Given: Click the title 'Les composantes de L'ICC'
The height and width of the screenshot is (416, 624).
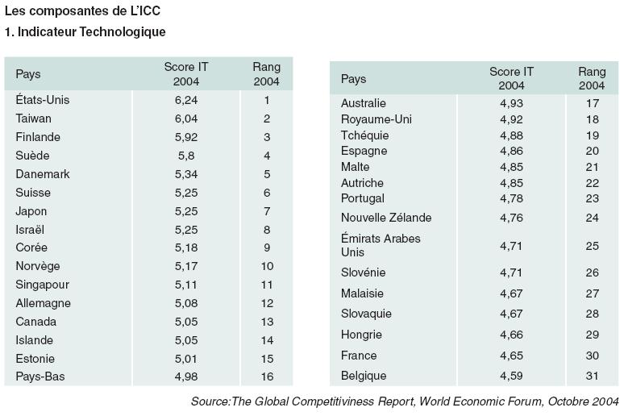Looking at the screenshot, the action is (82, 10).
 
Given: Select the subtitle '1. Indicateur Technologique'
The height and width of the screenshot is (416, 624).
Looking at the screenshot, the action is (85, 32).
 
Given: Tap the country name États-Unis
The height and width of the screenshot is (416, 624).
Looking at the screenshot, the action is (43, 99).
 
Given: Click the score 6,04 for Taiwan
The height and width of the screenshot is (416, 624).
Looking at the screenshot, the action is (186, 119).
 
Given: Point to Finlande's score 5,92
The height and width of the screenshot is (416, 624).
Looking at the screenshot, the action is (186, 137).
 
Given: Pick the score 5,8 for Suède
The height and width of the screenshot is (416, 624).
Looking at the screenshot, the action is (186, 156).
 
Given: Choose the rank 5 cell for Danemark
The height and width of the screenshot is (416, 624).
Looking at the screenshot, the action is (267, 174).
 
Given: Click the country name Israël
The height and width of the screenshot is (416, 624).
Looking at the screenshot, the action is (30, 229).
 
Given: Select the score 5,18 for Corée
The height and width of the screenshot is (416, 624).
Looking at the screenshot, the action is (186, 248).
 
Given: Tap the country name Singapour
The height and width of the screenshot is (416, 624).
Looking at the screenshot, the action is (43, 285).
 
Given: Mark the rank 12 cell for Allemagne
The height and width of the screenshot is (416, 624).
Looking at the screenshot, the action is (267, 303).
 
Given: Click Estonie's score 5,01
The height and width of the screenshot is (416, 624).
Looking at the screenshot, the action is (186, 359).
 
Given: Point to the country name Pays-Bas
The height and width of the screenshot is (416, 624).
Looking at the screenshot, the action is (40, 376).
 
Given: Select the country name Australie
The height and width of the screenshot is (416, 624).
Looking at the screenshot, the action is (364, 103).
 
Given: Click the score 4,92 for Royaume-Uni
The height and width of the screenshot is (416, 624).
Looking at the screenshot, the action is (511, 119).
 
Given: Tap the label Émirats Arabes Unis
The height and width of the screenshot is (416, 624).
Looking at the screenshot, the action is (381, 245).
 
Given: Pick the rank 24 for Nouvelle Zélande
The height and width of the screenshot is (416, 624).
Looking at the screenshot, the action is (593, 218).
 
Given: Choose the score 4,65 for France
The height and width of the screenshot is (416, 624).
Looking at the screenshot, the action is (511, 356).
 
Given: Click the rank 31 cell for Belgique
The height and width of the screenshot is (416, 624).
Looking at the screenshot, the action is (593, 376).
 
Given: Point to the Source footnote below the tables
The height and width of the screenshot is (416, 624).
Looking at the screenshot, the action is (405, 401).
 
